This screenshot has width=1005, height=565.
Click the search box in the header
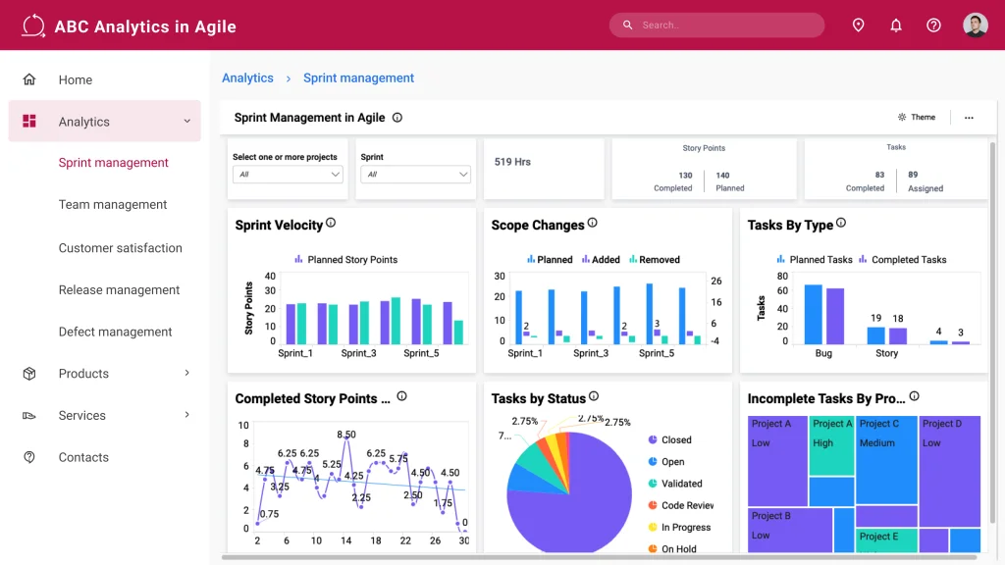[x=716, y=26]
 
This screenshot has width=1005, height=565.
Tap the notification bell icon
[x=896, y=26]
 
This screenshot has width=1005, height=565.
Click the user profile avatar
[x=975, y=26]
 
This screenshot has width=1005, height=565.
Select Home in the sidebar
[x=75, y=80]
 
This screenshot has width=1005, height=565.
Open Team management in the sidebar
[x=113, y=205]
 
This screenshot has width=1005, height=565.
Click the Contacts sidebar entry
[x=83, y=457]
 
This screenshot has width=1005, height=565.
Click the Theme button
[x=917, y=118]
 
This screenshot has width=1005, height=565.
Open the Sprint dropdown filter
[x=415, y=175]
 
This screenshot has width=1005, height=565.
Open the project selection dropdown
[x=288, y=175]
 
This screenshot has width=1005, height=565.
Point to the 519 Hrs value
[x=512, y=162]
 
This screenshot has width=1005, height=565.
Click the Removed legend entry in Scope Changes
[x=654, y=260]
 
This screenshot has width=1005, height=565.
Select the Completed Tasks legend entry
[x=903, y=260]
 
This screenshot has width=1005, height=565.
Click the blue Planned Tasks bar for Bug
[x=813, y=313]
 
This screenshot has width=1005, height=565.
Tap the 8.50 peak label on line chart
[x=345, y=435]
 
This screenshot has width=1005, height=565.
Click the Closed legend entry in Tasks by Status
[x=675, y=440]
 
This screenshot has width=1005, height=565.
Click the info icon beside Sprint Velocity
[x=331, y=224]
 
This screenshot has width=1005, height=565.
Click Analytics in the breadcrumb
[x=247, y=78]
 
